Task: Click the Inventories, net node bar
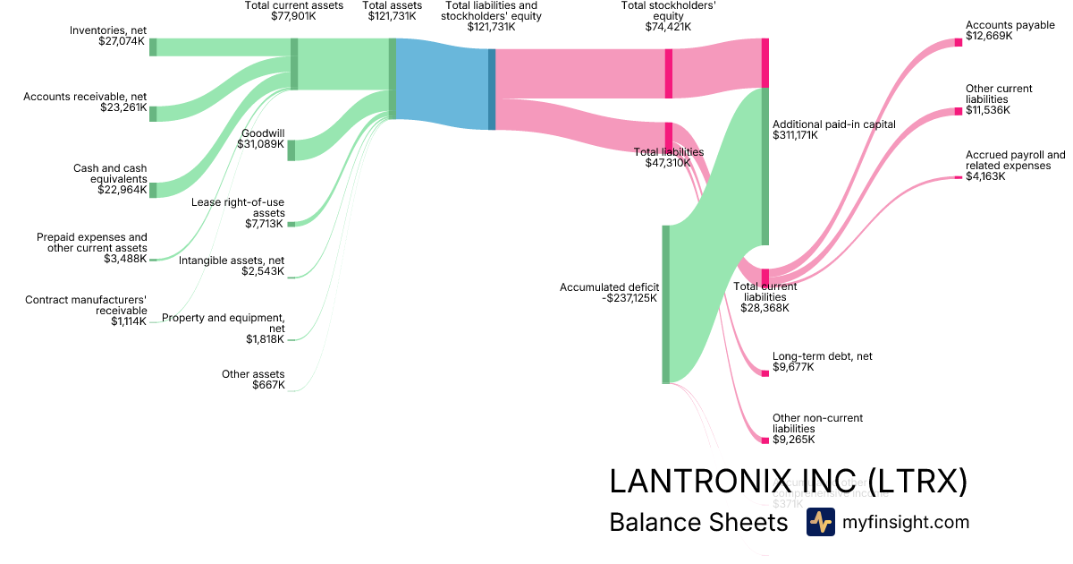(153, 47)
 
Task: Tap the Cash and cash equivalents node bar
(153, 190)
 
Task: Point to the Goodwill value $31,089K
(261, 144)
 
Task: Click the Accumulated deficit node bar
(665, 304)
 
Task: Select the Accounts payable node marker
(958, 42)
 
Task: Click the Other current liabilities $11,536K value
(988, 110)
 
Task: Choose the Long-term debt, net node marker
(765, 373)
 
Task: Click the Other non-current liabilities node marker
(765, 440)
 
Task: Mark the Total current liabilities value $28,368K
(765, 308)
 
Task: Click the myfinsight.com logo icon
(820, 522)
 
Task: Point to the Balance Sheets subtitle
(697, 523)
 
